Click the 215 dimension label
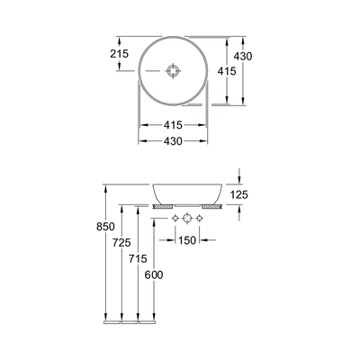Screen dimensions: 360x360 click(x=119, y=54)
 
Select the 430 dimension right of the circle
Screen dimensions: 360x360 click(x=243, y=56)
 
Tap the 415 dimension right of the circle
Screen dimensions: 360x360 click(x=227, y=71)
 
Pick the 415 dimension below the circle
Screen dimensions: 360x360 click(x=173, y=125)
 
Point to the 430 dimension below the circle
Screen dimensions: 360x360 click(x=173, y=141)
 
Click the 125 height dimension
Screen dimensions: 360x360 click(x=239, y=194)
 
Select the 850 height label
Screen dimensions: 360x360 click(x=105, y=227)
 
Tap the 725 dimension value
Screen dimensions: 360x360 click(x=121, y=242)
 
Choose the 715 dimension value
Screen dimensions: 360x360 click(x=138, y=258)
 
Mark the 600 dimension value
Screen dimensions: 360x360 click(x=154, y=274)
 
